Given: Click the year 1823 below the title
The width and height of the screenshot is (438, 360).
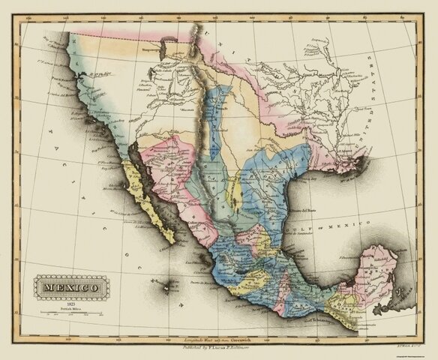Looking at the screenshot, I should point(67,299).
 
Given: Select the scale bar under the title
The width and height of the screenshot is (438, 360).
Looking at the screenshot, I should point(67,309).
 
